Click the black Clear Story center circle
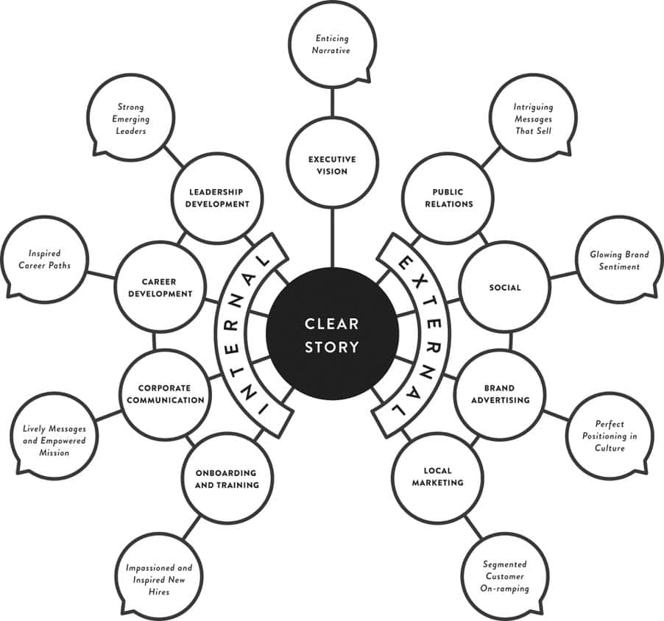pyautogui.click(x=332, y=336)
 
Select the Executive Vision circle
pyautogui.click(x=332, y=165)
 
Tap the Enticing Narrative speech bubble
pyautogui.click(x=332, y=44)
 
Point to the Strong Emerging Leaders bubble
pyautogui.click(x=131, y=118)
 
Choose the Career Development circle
pyautogui.click(x=161, y=286)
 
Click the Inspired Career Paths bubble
pyautogui.click(x=46, y=260)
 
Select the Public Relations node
pyautogui.click(x=448, y=198)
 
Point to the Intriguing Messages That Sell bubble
pyautogui.click(x=532, y=118)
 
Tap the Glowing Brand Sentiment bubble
pyautogui.click(x=619, y=260)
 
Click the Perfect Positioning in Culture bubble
pyautogui.click(x=610, y=436)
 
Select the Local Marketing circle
pyautogui.click(x=437, y=477)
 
